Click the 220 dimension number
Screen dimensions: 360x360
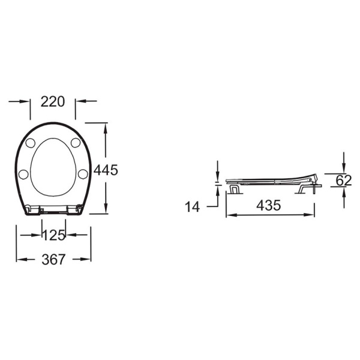point(53,102)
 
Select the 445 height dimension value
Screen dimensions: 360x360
point(106,170)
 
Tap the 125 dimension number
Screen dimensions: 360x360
point(54,235)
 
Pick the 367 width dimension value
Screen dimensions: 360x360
point(53,259)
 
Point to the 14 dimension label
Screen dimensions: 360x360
point(193,206)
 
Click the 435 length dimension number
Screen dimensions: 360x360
point(269,205)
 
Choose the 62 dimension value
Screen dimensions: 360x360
point(344,181)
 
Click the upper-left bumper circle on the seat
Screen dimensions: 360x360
point(31,143)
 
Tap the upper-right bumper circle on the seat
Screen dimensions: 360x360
point(76,143)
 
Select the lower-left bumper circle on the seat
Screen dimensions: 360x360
point(23,174)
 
